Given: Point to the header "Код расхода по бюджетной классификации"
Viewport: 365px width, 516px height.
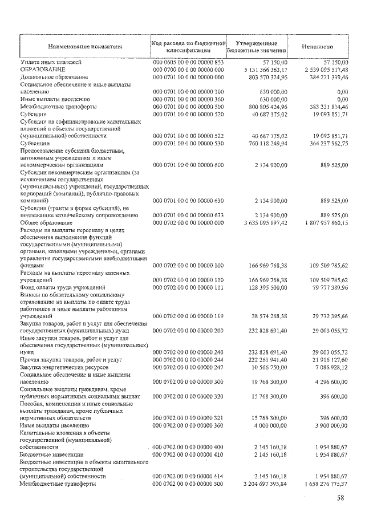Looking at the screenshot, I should pyautogui.click(x=188, y=47).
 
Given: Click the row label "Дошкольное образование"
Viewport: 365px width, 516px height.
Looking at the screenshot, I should pyautogui.click(x=54, y=76).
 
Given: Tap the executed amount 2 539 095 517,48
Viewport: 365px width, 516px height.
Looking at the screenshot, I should pyautogui.click(x=321, y=69).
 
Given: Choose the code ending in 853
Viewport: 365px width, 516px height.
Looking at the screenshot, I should pyautogui.click(x=188, y=62).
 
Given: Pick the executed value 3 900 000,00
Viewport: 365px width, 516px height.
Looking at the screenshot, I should pyautogui.click(x=325, y=425).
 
